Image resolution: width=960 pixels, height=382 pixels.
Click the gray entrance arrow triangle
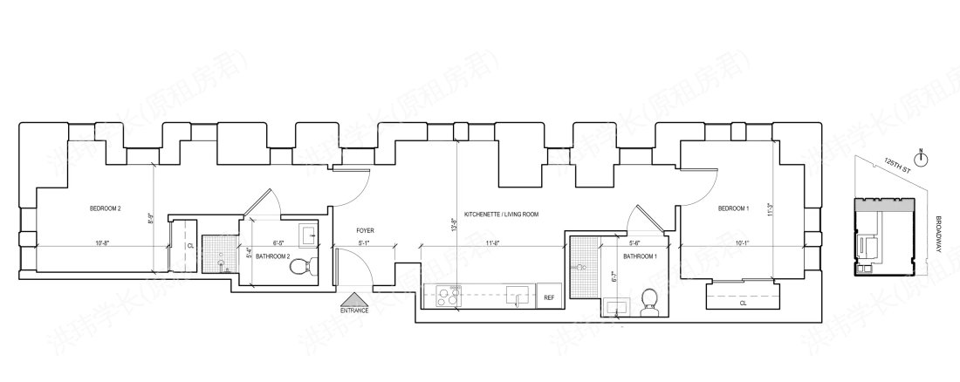354,298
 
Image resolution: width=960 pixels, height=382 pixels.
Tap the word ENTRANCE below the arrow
354,310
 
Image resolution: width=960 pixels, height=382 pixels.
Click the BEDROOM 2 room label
106,208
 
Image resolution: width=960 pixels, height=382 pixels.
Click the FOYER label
366,231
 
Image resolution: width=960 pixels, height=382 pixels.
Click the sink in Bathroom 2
306,234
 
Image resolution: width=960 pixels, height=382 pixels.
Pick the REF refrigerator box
549,297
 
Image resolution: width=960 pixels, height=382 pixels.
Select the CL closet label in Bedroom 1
743,304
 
